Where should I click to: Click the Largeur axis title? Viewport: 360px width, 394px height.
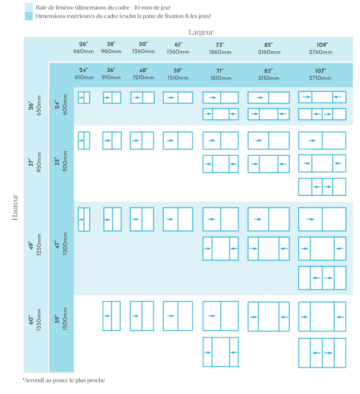(201, 32)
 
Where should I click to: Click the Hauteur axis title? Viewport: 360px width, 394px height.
(15, 207)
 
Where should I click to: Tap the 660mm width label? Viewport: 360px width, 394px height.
(83, 51)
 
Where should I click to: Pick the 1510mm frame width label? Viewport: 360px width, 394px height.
(178, 78)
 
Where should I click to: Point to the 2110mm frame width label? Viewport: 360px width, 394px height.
(269, 78)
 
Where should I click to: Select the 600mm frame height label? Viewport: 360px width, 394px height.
(65, 104)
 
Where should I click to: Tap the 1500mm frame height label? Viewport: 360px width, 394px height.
(65, 319)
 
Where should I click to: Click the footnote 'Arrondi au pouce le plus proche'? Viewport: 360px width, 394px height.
(64, 380)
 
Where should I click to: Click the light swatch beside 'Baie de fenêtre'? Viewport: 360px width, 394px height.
(29, 7)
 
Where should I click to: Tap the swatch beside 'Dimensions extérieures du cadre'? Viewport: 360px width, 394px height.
(29, 16)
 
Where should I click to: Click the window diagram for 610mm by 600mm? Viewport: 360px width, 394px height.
(84, 97)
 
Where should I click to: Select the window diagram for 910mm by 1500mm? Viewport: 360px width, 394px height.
(111, 316)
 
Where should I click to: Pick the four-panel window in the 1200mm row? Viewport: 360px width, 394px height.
(322, 278)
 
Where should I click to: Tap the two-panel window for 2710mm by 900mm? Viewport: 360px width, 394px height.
(322, 140)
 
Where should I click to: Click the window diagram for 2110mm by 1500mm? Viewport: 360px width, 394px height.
(269, 317)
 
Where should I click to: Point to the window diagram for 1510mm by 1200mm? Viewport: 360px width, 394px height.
(178, 219)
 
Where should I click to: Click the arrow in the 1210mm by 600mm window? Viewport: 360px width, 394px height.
(136, 98)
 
